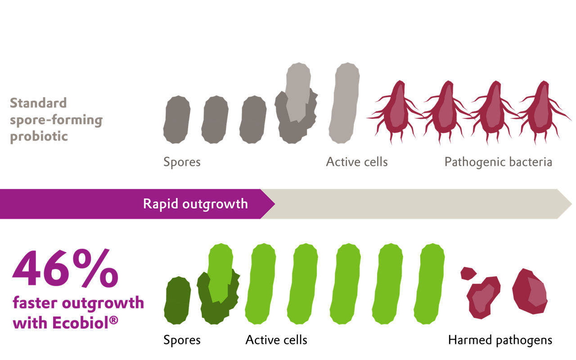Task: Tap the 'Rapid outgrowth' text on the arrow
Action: [x=195, y=204]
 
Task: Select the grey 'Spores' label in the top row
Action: [x=182, y=162]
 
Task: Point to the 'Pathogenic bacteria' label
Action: [x=498, y=162]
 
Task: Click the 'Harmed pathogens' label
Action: [x=500, y=340]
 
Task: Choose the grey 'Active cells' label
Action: [x=357, y=162]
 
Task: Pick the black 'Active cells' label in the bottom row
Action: [x=276, y=340]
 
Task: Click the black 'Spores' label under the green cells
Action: [x=182, y=340]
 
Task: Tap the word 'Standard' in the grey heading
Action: [x=38, y=103]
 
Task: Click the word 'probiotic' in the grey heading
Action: [x=39, y=136]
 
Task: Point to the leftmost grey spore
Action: [x=176, y=119]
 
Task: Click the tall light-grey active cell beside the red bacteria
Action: [x=345, y=103]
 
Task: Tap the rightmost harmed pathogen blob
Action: [x=531, y=291]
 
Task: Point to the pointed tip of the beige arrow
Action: [x=571, y=204]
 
